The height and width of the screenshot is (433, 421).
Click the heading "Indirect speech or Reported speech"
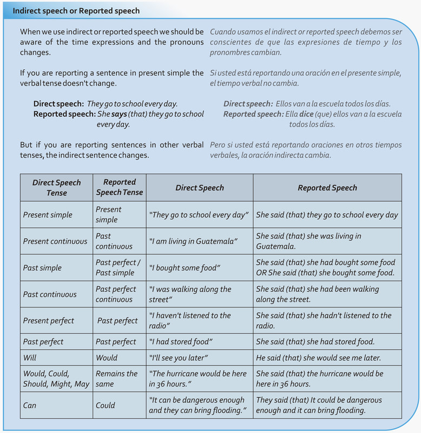click(x=76, y=11)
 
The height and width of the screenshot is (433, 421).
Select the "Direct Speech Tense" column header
click(x=56, y=187)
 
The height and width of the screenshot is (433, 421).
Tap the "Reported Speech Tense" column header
click(x=119, y=187)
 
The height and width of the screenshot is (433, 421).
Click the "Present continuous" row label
click(x=55, y=241)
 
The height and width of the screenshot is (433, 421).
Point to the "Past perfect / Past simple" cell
click(x=118, y=268)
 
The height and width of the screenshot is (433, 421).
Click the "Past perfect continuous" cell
click(x=116, y=294)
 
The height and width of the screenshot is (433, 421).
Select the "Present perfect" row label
click(x=49, y=321)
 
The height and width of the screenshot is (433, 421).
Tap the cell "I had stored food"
click(x=180, y=342)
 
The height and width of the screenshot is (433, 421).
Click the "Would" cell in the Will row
click(x=107, y=358)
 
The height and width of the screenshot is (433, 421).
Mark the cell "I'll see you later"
click(x=178, y=358)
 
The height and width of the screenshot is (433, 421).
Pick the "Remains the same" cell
click(x=116, y=379)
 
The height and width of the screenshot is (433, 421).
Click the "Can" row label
click(x=30, y=405)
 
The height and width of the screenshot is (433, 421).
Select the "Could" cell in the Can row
click(x=106, y=405)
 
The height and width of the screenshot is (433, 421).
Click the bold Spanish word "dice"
click(x=307, y=114)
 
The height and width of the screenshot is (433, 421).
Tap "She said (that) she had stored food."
click(x=315, y=342)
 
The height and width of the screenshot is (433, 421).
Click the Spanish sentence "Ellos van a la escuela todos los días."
click(x=333, y=104)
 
